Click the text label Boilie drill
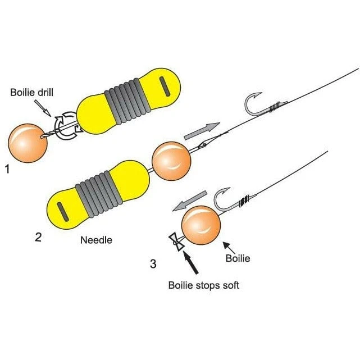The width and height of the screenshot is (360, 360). [x=33, y=92]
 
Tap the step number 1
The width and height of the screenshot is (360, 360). [x=7, y=167]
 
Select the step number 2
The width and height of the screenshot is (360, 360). [x=38, y=236]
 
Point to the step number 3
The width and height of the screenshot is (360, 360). [x=153, y=263]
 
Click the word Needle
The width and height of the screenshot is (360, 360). [x=97, y=240]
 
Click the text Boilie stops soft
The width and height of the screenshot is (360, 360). [x=203, y=285]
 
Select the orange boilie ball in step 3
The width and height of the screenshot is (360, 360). [x=200, y=226]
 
